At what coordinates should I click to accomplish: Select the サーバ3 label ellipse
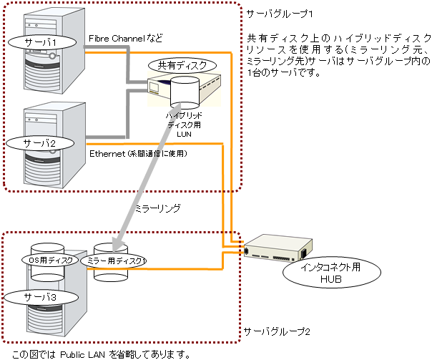[41, 295]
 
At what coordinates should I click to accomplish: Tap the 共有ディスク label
[182, 65]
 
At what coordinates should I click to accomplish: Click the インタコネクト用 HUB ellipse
[330, 273]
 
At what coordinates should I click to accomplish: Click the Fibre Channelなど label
[125, 37]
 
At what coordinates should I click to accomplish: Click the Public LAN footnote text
[97, 354]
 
